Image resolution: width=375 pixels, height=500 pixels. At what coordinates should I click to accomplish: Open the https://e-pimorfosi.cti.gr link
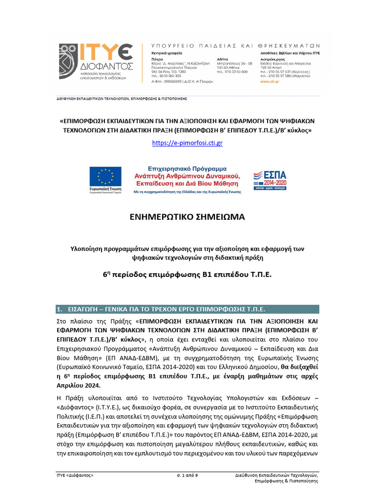coord(187,143)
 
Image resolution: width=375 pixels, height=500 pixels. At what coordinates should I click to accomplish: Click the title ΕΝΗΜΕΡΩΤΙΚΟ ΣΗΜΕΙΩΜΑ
coord(187,216)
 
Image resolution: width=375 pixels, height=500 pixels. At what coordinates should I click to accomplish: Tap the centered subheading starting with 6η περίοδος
coord(187,275)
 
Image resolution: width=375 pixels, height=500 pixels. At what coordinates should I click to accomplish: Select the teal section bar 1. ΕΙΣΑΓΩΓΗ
coord(187,309)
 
